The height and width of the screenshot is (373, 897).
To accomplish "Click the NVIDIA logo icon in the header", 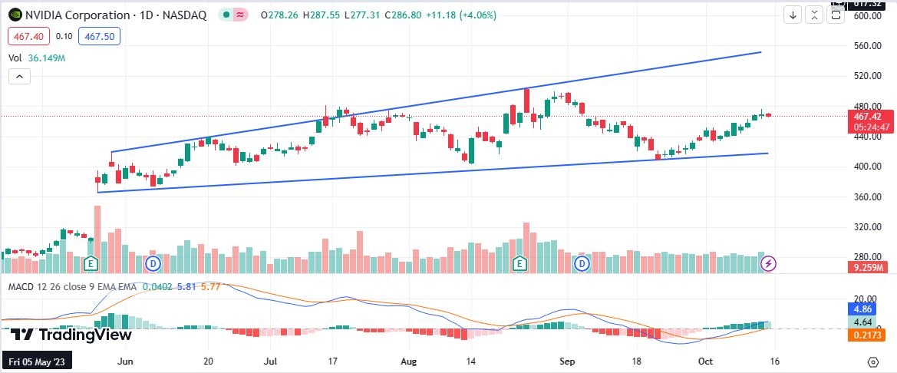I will click(15, 15).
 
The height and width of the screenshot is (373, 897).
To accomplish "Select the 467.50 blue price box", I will click(100, 36).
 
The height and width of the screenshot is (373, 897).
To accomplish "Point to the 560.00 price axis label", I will click(867, 46).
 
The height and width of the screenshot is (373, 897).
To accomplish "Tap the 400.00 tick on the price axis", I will click(867, 167).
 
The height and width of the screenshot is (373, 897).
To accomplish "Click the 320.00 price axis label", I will click(867, 227).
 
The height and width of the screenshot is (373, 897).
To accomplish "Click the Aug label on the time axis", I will click(408, 360).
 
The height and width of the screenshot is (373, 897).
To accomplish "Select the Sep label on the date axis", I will click(567, 360).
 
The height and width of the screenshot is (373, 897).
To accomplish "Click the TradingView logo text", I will click(71, 335).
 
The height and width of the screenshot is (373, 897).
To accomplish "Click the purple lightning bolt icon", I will click(768, 264).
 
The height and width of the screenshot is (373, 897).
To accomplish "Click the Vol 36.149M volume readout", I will click(37, 58).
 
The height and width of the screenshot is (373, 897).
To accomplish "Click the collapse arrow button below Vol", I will click(19, 76).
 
